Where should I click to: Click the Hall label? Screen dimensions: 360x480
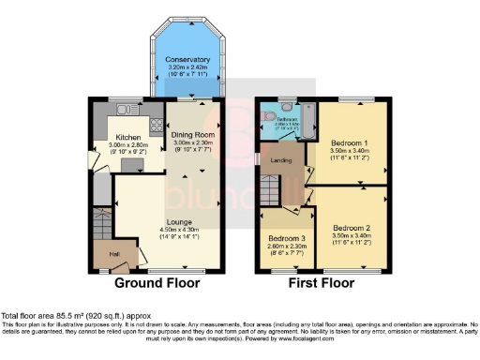[113, 252]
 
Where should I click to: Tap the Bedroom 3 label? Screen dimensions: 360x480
[283, 238]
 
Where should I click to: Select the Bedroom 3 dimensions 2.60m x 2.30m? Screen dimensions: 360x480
[283, 246]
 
